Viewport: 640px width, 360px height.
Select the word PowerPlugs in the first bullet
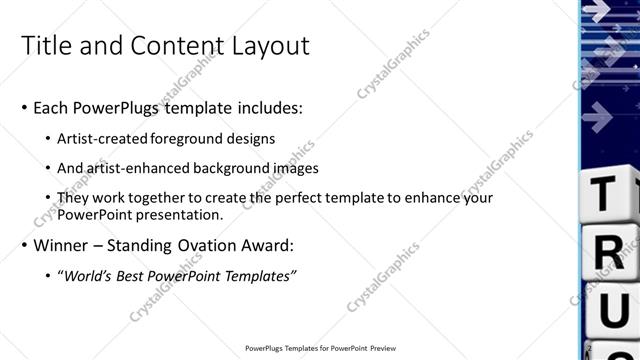tap(117, 107)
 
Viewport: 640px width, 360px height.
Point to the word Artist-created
tap(103, 138)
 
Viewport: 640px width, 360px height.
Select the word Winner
tap(64, 244)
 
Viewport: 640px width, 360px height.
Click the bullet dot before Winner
tap(24, 245)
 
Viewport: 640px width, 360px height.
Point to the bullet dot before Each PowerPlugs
tap(24, 108)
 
